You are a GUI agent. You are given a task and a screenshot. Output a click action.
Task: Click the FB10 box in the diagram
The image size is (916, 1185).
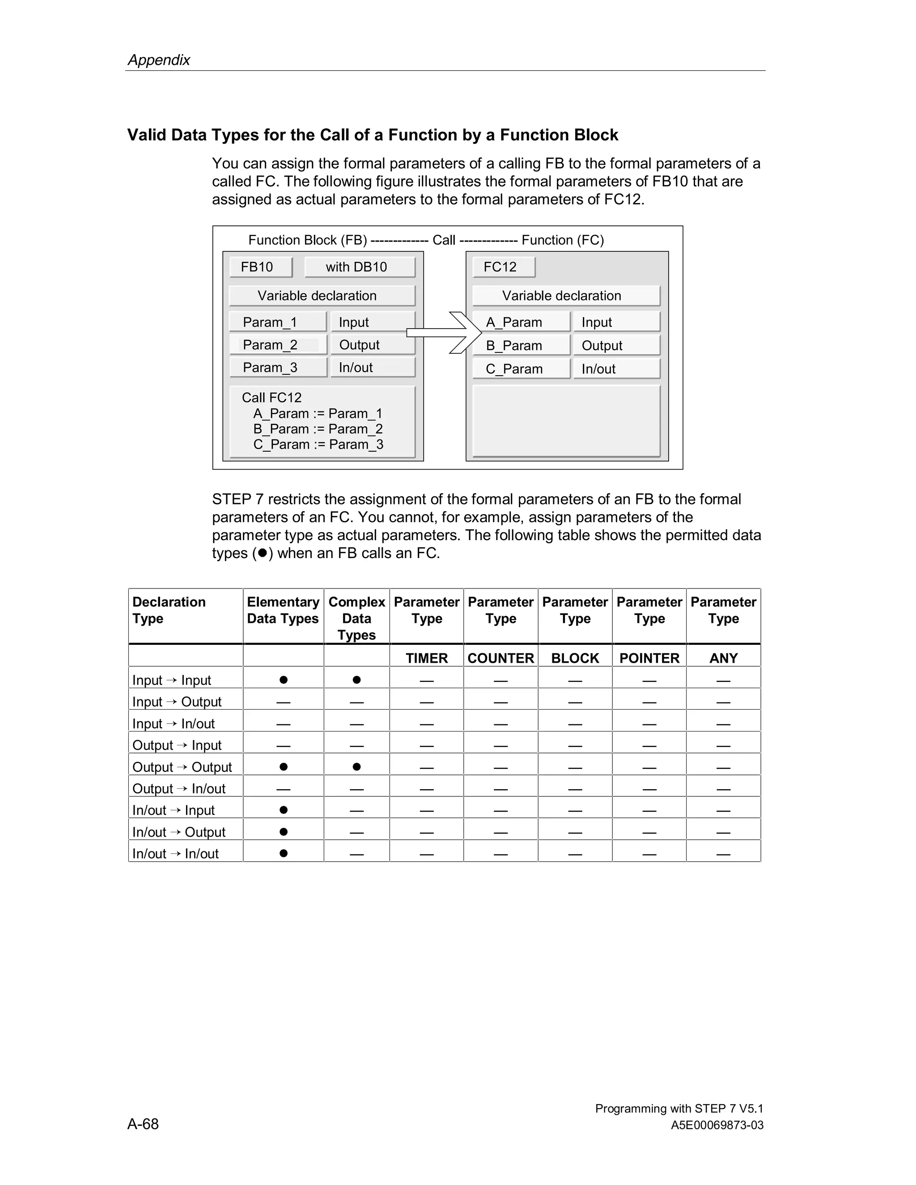tap(260, 267)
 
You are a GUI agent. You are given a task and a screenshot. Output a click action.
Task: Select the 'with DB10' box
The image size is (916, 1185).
tap(359, 267)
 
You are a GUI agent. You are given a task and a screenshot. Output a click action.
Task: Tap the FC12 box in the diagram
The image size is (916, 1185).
tap(503, 267)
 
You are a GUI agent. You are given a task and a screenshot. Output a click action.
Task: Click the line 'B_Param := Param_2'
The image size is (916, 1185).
tap(318, 429)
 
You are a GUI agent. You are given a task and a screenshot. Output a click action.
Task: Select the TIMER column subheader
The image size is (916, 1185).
tap(427, 658)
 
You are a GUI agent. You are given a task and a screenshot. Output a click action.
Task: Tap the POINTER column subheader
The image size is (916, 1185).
tap(649, 658)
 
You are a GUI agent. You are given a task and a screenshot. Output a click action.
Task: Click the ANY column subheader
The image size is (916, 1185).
tap(723, 658)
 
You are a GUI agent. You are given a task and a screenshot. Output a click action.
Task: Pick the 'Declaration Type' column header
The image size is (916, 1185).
tap(169, 610)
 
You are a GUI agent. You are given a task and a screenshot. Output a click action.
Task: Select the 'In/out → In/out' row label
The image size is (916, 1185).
tap(175, 854)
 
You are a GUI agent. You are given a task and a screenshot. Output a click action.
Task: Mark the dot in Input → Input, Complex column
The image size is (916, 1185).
tap(356, 680)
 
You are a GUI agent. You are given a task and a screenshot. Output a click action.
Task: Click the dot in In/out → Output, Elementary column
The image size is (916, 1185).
tap(283, 832)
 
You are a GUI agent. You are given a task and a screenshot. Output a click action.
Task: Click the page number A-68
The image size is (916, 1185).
tap(143, 1124)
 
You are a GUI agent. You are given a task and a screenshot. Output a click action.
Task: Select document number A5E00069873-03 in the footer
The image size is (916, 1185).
tap(717, 1126)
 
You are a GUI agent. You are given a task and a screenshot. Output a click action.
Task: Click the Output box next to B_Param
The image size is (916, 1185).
tap(616, 346)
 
